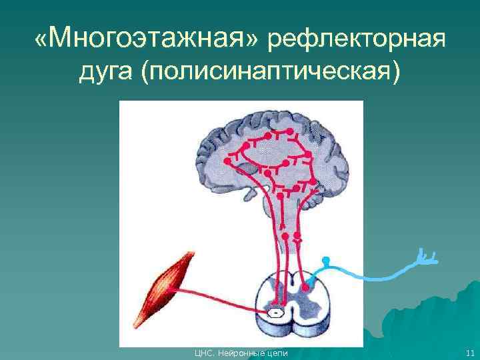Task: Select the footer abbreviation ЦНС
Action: point(201,353)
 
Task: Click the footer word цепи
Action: point(276,353)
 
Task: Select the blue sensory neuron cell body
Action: point(325,260)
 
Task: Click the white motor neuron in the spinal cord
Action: point(274,311)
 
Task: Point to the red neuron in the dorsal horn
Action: point(305,287)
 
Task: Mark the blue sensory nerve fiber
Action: point(373,273)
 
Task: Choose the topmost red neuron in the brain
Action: point(267,136)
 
